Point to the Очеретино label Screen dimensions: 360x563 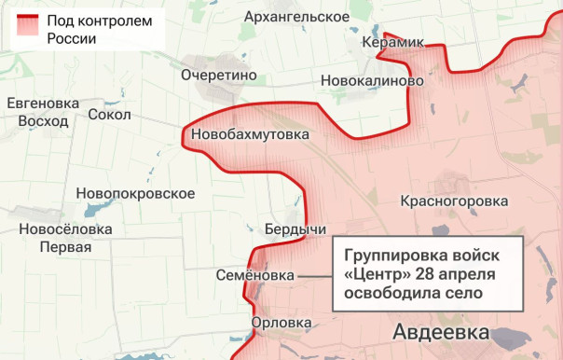point(219,75)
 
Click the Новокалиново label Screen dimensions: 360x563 point(372,81)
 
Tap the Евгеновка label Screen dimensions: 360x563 point(43,103)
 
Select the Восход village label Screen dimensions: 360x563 point(43,121)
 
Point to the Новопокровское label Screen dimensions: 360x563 point(135,193)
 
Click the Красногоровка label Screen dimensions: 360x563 point(454,201)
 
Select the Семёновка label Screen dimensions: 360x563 point(254,276)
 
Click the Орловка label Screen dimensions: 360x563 point(281,323)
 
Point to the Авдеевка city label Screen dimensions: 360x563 point(441,332)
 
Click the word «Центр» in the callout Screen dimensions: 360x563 point(378,273)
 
